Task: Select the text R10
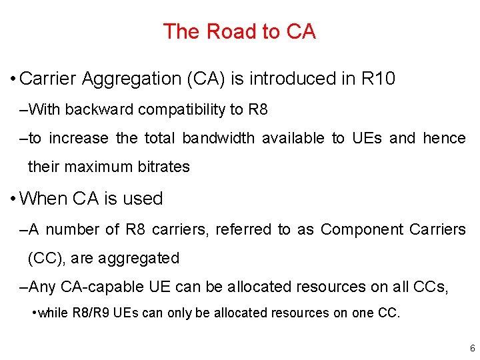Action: pyautogui.click(x=378, y=79)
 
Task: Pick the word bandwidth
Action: pyautogui.click(x=219, y=138)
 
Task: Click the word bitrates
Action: pyautogui.click(x=164, y=167)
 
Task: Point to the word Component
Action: pyautogui.click(x=361, y=229)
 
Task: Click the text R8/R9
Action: pyautogui.click(x=91, y=313)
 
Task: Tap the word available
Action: pyautogui.click(x=297, y=138)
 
